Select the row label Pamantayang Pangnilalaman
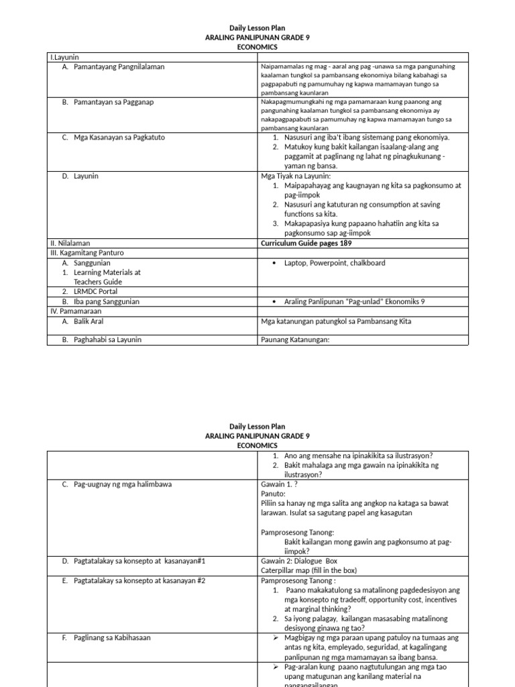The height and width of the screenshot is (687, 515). click(x=119, y=67)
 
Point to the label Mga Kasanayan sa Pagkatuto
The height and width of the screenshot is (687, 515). click(x=119, y=138)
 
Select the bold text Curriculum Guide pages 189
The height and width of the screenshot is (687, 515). click(x=306, y=243)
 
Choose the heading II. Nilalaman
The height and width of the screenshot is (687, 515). click(x=70, y=243)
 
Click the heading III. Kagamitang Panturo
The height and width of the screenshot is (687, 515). click(x=87, y=253)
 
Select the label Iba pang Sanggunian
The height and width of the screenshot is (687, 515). click(x=107, y=302)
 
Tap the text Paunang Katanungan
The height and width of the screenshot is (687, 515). click(x=294, y=340)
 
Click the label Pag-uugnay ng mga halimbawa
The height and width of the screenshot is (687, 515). click(x=123, y=484)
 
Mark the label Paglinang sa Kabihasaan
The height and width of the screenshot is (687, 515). click(x=112, y=638)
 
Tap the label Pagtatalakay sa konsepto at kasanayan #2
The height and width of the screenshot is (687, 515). click(x=139, y=580)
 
